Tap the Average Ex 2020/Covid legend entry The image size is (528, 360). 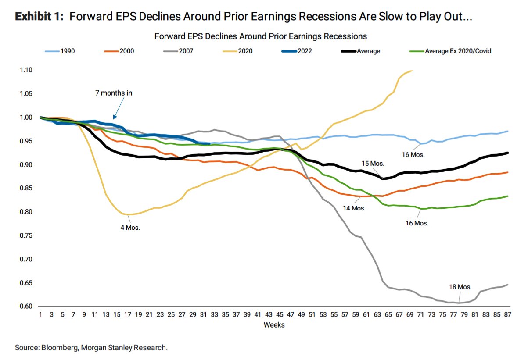pyautogui.click(x=452, y=51)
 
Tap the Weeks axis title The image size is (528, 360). pyautogui.click(x=274, y=325)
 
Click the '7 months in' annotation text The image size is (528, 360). pyautogui.click(x=113, y=93)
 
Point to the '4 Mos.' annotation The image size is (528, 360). pyautogui.click(x=130, y=228)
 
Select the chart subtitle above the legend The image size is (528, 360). pyautogui.click(x=260, y=36)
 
